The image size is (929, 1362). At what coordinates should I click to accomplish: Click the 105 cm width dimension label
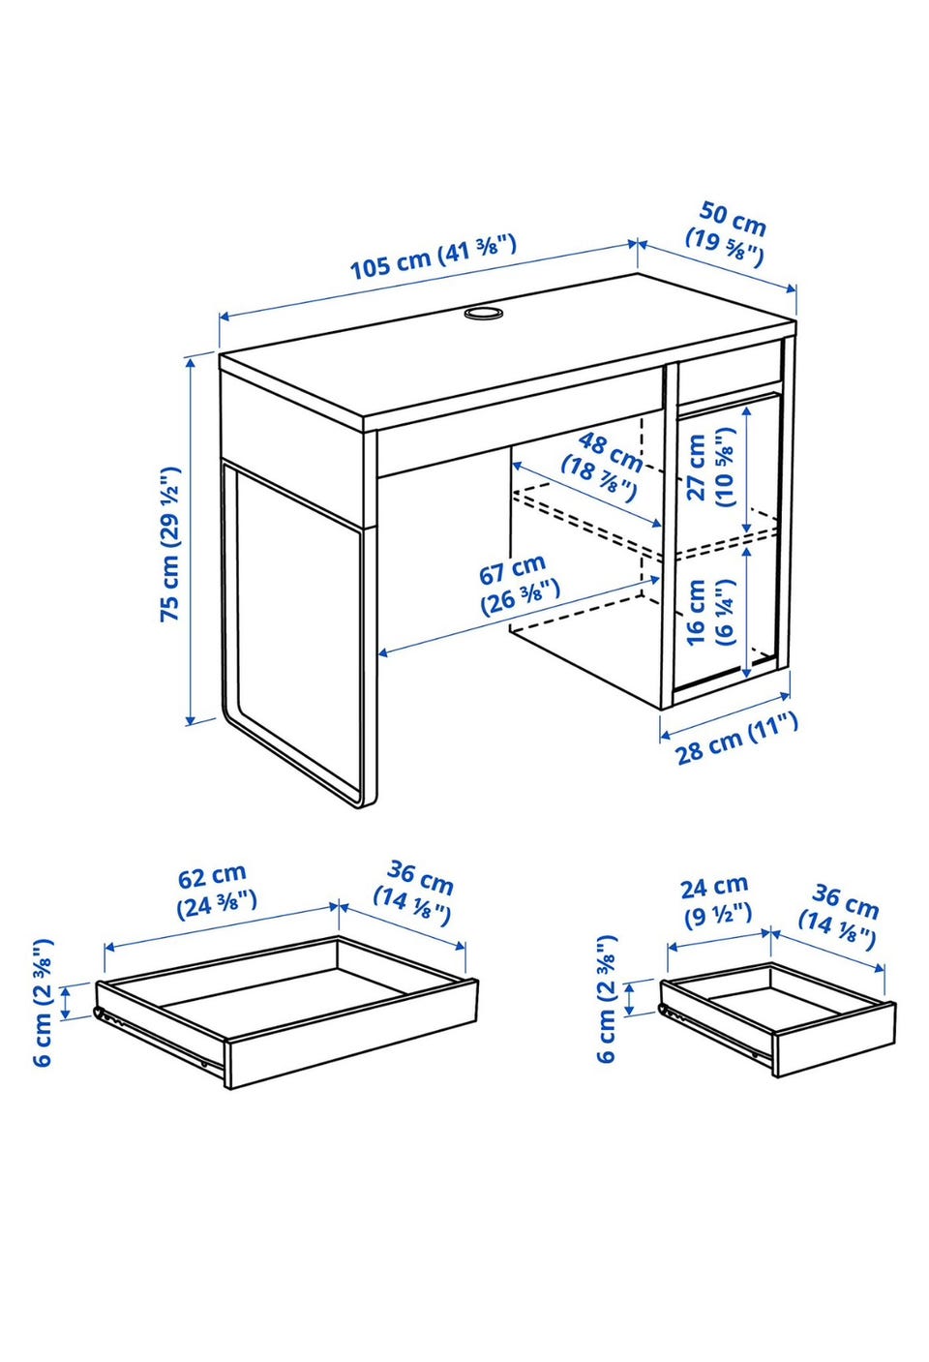(434, 257)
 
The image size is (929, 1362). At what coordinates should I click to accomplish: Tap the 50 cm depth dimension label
(727, 235)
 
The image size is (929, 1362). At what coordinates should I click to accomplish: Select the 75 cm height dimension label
(170, 544)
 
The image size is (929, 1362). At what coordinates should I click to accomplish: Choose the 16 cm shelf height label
(710, 612)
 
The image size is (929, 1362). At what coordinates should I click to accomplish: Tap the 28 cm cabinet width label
(735, 739)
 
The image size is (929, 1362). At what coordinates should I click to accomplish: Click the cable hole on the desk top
(483, 313)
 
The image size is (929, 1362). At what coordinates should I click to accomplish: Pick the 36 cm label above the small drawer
(839, 917)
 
